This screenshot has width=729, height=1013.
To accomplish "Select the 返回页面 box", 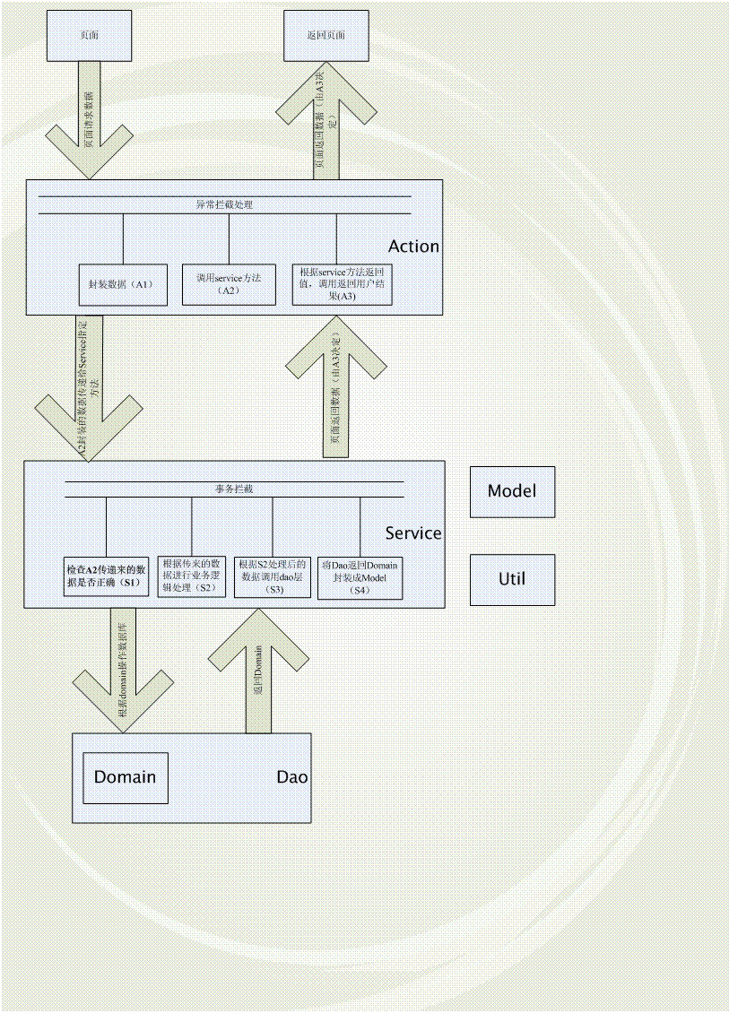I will [x=325, y=36].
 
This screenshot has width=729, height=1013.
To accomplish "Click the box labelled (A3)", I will [x=341, y=284].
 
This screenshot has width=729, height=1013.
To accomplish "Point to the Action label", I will [x=413, y=247].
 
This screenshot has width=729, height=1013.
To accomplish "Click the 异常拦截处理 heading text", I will [x=224, y=205].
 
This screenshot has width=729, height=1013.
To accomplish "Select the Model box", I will [x=512, y=491].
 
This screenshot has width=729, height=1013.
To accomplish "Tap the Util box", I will [x=512, y=578].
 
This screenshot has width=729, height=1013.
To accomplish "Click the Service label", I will [x=413, y=533].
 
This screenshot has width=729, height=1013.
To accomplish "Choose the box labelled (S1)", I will [x=106, y=576].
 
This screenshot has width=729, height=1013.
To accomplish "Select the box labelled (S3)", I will [x=272, y=576].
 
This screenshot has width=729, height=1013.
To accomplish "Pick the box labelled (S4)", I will [x=360, y=578].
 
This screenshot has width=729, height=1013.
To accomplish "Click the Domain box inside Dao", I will [x=125, y=776].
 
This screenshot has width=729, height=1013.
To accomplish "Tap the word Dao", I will [x=292, y=776].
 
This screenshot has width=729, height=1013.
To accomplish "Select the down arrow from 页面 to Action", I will [x=87, y=126].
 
